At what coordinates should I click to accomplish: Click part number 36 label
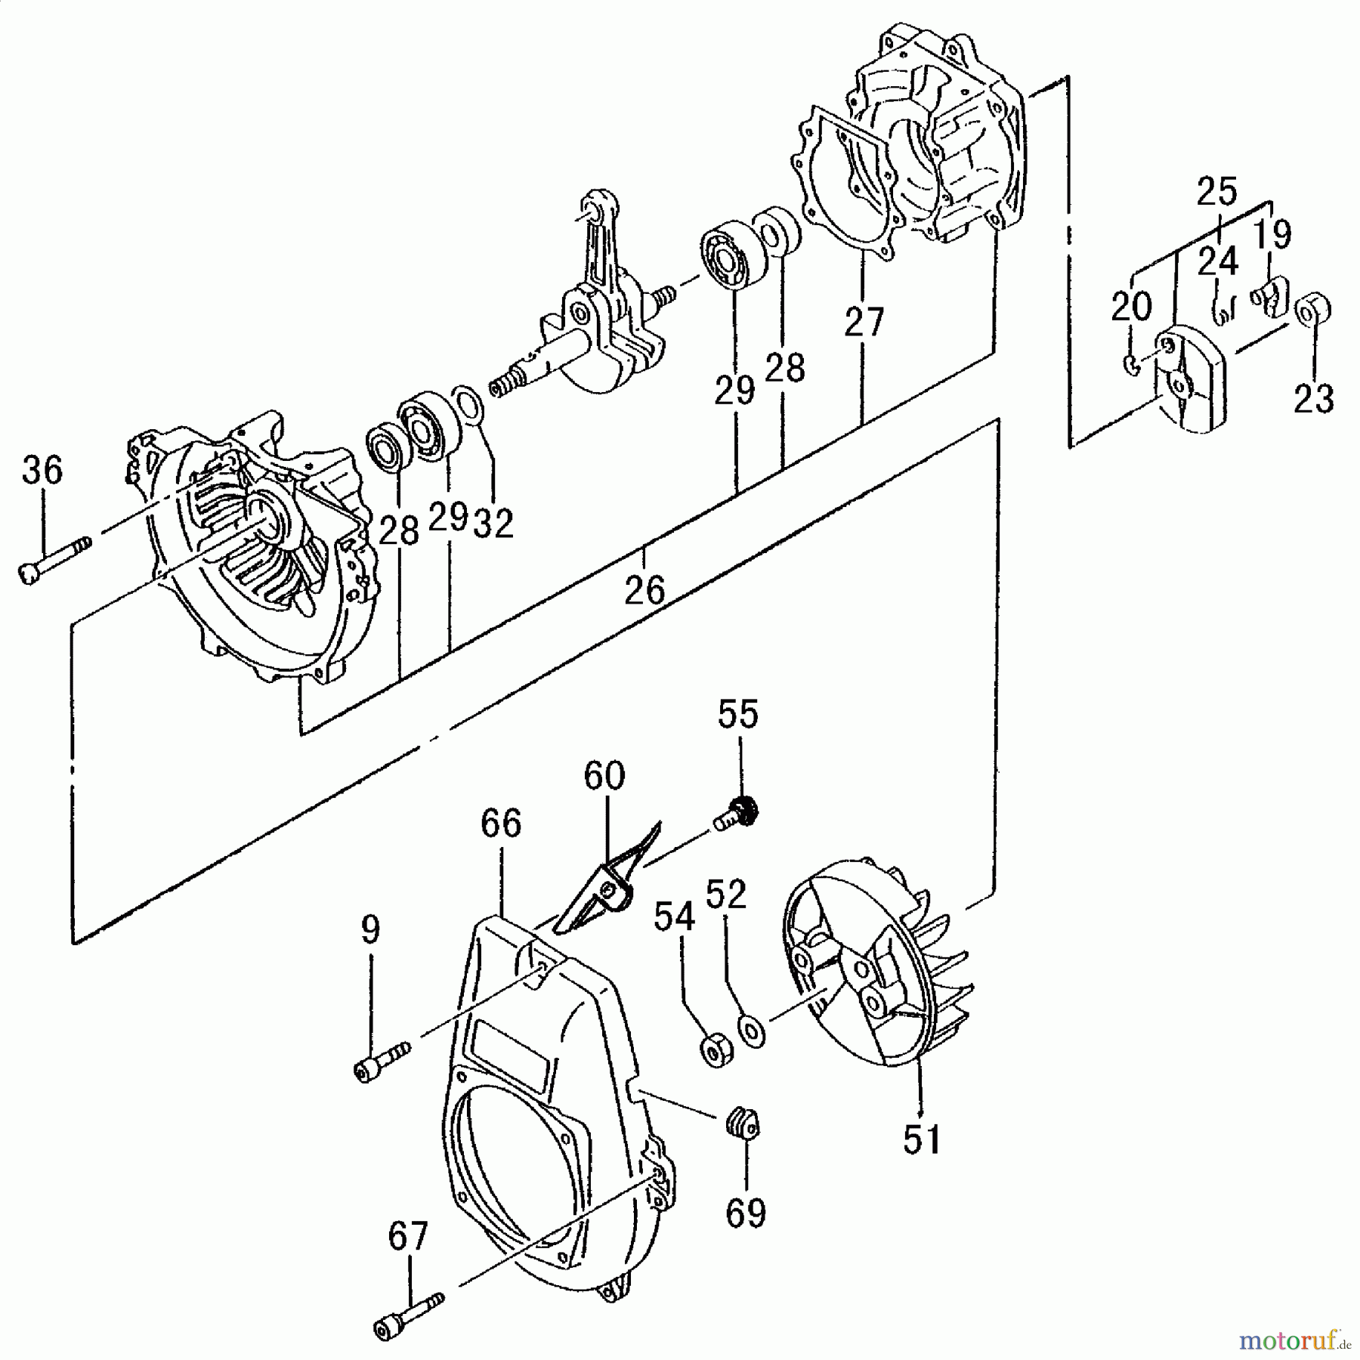coord(42,471)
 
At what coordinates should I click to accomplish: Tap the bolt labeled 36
coord(53,560)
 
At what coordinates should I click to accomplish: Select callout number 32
coord(493,523)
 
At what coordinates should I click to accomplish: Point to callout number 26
coord(644,589)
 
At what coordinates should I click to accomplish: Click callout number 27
coord(864,323)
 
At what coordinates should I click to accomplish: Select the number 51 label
coord(923,1140)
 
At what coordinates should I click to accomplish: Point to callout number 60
coord(604,776)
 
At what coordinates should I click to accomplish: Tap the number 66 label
coord(502,824)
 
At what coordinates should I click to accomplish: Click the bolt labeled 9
coord(382,1060)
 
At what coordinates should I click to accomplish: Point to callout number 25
coord(1217,192)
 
